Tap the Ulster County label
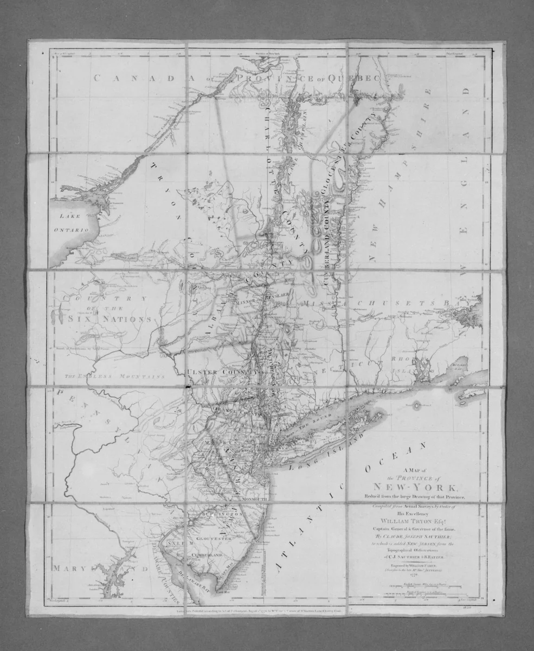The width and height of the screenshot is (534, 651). [220, 372]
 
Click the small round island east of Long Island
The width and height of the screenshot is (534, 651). [416, 405]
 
